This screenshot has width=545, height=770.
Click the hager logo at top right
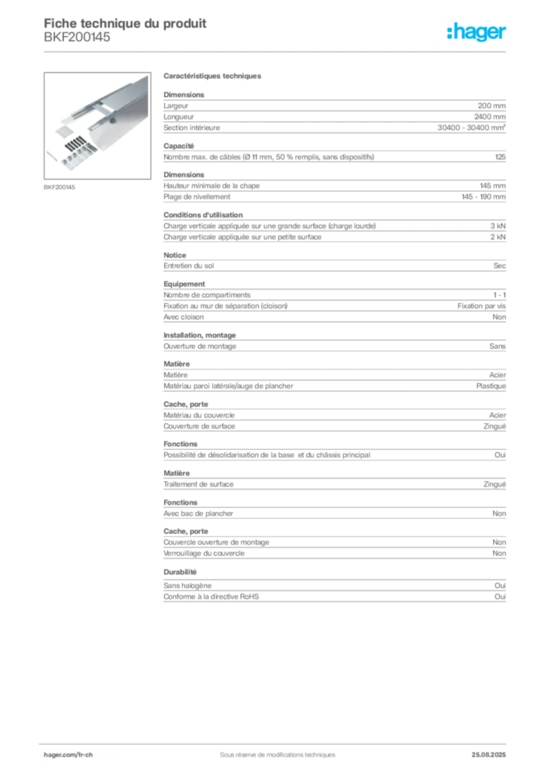476,32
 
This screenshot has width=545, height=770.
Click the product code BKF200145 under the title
77,38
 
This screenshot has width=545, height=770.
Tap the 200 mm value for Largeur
492,105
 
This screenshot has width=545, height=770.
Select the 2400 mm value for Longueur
490,117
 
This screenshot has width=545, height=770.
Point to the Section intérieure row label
192,128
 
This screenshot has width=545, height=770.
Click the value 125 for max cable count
501,156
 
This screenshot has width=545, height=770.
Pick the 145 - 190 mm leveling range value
483,196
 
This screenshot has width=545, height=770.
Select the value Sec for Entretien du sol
500,265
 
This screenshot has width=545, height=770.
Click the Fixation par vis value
482,305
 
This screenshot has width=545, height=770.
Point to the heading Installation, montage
199,335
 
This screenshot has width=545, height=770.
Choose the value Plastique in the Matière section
491,386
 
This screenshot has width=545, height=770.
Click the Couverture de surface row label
199,426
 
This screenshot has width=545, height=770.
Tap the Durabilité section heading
180,572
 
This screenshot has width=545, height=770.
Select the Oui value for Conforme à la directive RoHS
501,596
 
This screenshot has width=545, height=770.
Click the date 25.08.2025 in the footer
489,755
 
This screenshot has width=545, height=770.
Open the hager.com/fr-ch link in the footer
69,755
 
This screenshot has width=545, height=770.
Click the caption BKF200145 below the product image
59,187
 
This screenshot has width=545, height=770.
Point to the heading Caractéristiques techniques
212,76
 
